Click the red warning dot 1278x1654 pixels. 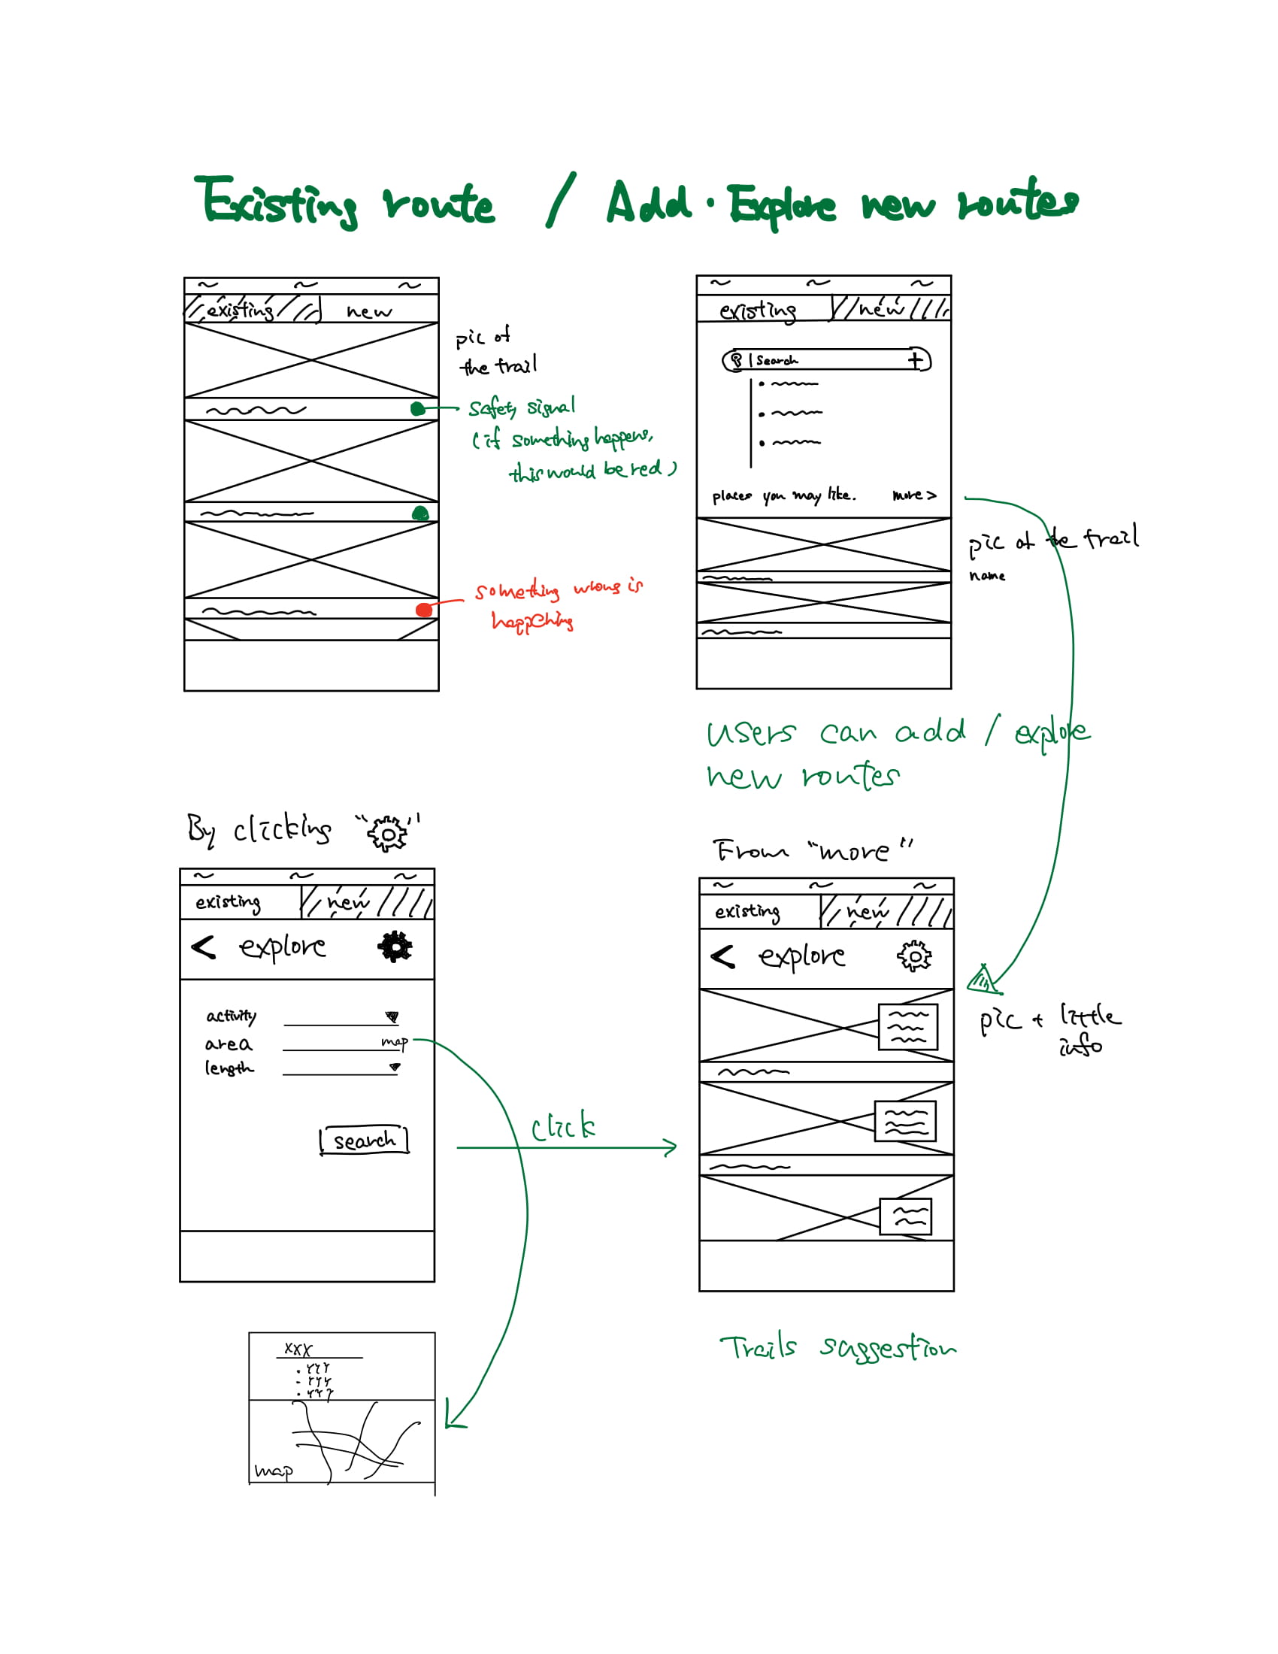pyautogui.click(x=424, y=610)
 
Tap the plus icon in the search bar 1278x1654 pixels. pyautogui.click(x=916, y=359)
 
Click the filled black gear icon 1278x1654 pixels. pyautogui.click(x=395, y=947)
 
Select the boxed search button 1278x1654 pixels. pyautogui.click(x=364, y=1140)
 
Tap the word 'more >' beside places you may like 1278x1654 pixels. pyautogui.click(x=914, y=495)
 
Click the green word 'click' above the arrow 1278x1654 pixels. pyautogui.click(x=562, y=1128)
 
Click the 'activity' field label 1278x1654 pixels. pyautogui.click(x=231, y=1016)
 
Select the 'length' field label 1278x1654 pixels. pyautogui.click(x=229, y=1068)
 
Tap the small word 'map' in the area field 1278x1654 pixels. pyautogui.click(x=394, y=1042)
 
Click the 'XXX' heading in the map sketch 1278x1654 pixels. pyautogui.click(x=298, y=1349)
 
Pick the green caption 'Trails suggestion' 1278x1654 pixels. pyautogui.click(x=837, y=1347)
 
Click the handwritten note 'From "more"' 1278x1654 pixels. pyautogui.click(x=813, y=850)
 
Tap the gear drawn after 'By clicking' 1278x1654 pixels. pyautogui.click(x=387, y=834)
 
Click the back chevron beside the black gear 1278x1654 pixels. pyautogui.click(x=204, y=947)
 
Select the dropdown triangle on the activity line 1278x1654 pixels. pyautogui.click(x=392, y=1016)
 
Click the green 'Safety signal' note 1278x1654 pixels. pyautogui.click(x=521, y=407)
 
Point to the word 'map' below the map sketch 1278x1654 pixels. pyautogui.click(x=274, y=1471)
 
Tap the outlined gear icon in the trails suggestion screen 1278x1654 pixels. pyautogui.click(x=915, y=956)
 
